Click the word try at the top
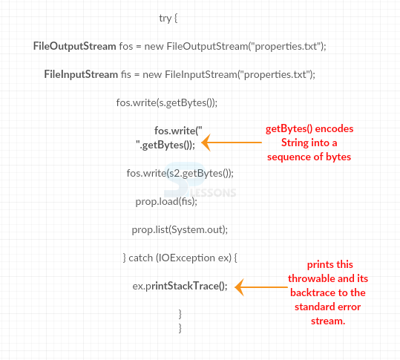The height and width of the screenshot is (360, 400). (165, 18)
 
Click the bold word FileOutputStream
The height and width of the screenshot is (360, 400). (74, 47)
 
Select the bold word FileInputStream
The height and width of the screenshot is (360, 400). (81, 74)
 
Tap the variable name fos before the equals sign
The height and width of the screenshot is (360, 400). (126, 47)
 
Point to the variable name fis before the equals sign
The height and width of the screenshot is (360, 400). (125, 74)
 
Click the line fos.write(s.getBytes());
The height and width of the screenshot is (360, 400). (166, 102)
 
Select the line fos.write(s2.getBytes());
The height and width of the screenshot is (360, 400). (180, 174)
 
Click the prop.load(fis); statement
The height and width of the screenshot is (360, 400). (166, 202)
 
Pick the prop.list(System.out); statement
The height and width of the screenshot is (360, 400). (180, 229)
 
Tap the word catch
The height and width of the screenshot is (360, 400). (140, 258)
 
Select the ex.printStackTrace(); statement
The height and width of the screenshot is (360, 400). (180, 286)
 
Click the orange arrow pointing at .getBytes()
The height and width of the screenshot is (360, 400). (232, 143)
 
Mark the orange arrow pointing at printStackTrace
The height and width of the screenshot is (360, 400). (261, 287)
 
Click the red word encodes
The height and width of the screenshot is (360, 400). (335, 128)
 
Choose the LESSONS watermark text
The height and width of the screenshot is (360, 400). (213, 193)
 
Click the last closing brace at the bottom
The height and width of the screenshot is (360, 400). (180, 328)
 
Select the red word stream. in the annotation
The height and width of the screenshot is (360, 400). (328, 321)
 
